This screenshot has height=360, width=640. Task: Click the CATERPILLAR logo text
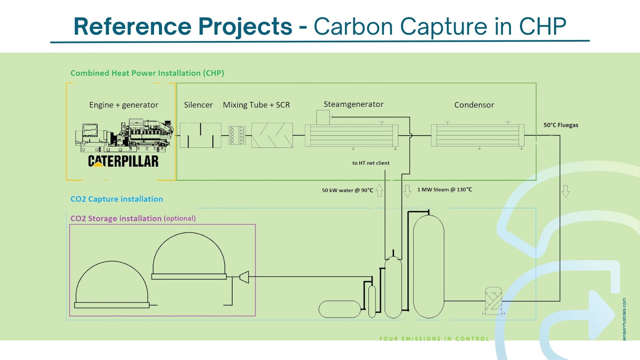pos(123,161)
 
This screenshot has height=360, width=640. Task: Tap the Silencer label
pos(198,105)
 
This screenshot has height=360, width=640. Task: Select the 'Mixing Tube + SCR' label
pos(256,105)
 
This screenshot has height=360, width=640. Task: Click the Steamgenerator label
pos(353,104)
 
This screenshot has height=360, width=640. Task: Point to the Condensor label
pos(474,105)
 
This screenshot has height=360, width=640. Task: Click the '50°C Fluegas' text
pos(561,125)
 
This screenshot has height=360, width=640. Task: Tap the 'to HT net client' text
pos(371,163)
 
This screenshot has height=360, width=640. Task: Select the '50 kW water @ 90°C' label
pos(347,190)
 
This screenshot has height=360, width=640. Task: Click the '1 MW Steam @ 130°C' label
pos(444,190)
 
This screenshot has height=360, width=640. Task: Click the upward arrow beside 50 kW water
pos(379,190)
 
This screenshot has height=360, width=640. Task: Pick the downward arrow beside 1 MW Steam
pos(407,191)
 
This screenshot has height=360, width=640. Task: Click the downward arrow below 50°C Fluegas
pos(565,191)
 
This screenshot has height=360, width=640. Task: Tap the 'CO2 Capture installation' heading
pos(117,199)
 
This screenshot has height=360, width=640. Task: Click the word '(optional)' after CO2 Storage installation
pos(180,218)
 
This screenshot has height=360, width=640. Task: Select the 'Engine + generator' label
pos(124,105)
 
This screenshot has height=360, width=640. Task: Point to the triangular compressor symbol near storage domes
pos(244,277)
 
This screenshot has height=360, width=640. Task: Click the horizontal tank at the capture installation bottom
pos(339,309)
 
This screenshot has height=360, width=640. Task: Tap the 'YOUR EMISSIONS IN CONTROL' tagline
pos(434,339)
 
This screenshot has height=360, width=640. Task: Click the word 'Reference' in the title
pos(132,27)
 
